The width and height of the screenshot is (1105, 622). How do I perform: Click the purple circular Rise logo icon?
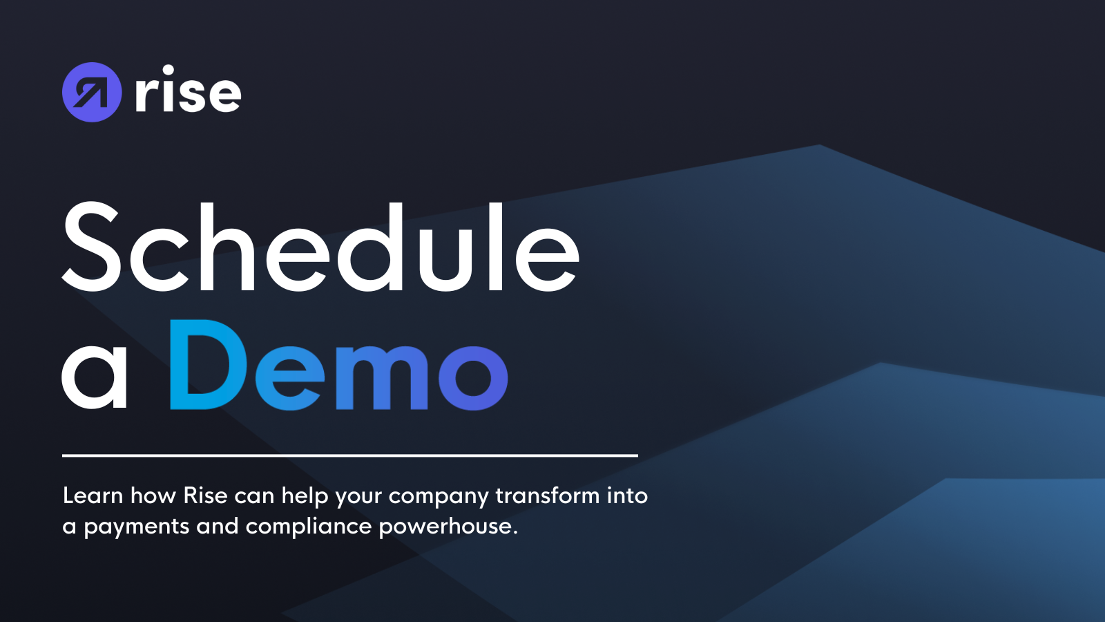click(x=92, y=92)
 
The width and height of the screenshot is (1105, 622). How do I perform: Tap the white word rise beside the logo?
click(x=188, y=92)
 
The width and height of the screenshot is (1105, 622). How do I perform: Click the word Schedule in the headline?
click(x=320, y=247)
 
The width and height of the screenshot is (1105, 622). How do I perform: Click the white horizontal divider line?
click(x=349, y=455)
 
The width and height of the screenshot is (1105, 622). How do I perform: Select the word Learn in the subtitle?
click(x=93, y=496)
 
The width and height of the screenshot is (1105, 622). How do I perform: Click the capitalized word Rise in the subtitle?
click(x=205, y=496)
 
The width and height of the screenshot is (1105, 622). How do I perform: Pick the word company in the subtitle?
click(x=439, y=497)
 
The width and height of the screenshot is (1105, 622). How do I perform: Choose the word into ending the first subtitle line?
click(x=627, y=496)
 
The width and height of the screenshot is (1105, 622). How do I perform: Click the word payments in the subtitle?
click(x=136, y=527)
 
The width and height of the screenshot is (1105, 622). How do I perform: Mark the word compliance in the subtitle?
click(x=309, y=527)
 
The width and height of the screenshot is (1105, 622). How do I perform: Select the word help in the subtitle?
click(x=305, y=496)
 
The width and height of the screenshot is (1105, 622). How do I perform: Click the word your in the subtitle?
click(x=358, y=497)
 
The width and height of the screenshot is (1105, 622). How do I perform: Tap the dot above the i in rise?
click(x=169, y=70)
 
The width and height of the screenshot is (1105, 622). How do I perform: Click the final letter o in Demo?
click(x=473, y=375)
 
